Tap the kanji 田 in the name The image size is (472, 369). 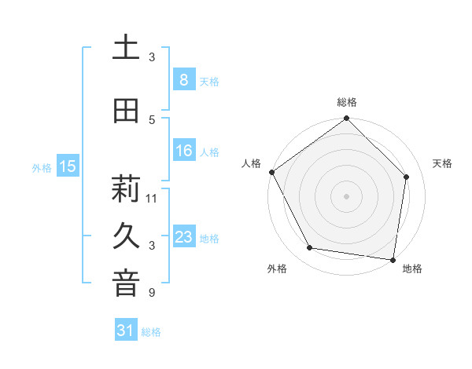click(x=125, y=111)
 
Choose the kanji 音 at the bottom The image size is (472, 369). click(x=125, y=284)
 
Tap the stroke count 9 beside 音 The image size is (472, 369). click(x=152, y=293)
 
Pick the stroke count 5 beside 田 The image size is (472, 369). click(x=152, y=119)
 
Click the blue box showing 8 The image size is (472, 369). click(x=183, y=79)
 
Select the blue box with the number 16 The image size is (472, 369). click(x=183, y=151)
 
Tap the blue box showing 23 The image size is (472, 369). click(x=183, y=237)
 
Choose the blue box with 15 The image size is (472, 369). click(x=68, y=166)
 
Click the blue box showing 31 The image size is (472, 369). click(x=125, y=331)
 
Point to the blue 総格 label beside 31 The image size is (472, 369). click(x=151, y=332)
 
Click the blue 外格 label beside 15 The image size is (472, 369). click(x=42, y=167)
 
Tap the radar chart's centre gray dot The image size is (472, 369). click(x=346, y=195)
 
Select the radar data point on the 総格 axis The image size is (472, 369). click(x=346, y=119)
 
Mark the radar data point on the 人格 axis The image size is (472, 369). click(x=271, y=172)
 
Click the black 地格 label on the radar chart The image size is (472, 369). click(x=412, y=269)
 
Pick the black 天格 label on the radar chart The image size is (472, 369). click(x=443, y=163)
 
